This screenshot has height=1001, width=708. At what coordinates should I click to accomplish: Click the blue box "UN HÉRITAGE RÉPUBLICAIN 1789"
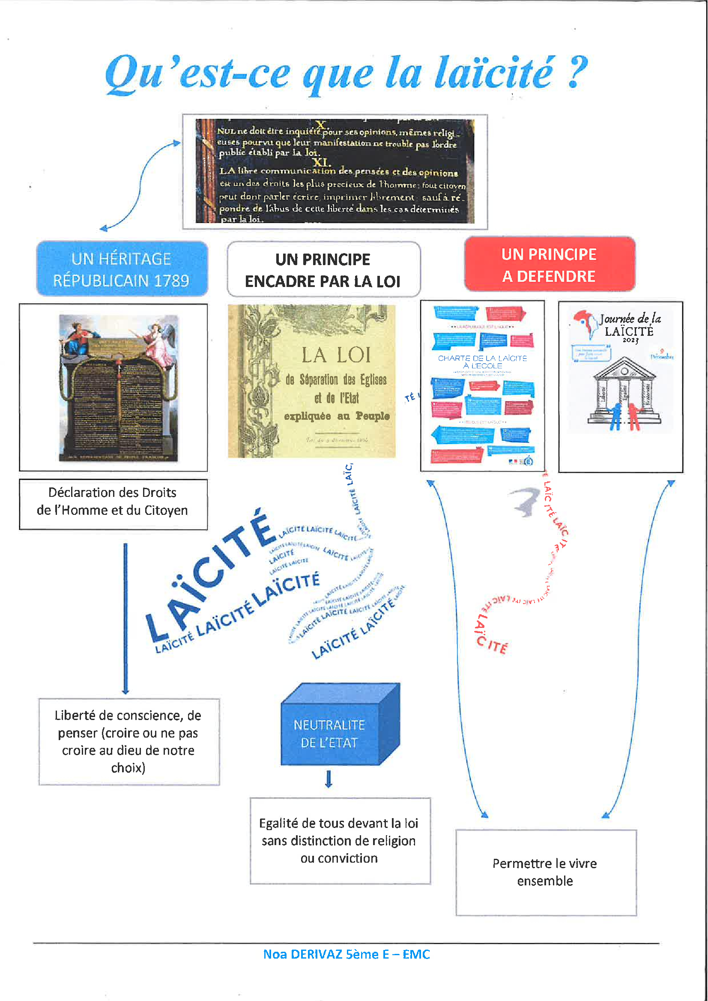coord(122,269)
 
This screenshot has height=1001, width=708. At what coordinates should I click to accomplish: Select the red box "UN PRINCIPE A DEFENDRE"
coord(549,265)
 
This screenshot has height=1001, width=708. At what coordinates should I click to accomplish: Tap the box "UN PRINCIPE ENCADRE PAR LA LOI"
coord(323,270)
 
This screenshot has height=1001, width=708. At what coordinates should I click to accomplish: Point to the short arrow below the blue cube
coord(329,779)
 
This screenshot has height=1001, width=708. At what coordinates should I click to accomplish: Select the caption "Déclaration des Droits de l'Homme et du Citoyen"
coord(113,502)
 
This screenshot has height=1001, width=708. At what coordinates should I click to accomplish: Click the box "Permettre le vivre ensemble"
coord(545,872)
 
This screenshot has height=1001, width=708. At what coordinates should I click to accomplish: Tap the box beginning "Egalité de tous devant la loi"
coord(340,840)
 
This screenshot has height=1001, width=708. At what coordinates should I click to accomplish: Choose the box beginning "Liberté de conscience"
coord(128,741)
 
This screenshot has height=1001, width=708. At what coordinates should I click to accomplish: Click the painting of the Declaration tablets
coord(119,388)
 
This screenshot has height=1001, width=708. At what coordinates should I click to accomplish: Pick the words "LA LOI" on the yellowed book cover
coord(336,355)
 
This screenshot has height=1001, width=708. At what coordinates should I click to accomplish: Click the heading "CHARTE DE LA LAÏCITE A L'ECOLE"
coord(482,362)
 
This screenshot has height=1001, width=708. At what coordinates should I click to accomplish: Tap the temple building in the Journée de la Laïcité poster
coord(624,390)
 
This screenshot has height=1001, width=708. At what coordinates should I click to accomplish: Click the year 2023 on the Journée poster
coord(630,341)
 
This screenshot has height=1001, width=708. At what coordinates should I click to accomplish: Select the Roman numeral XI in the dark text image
coord(322,163)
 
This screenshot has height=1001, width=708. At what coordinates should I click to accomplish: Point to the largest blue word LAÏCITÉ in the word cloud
coord(209,576)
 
